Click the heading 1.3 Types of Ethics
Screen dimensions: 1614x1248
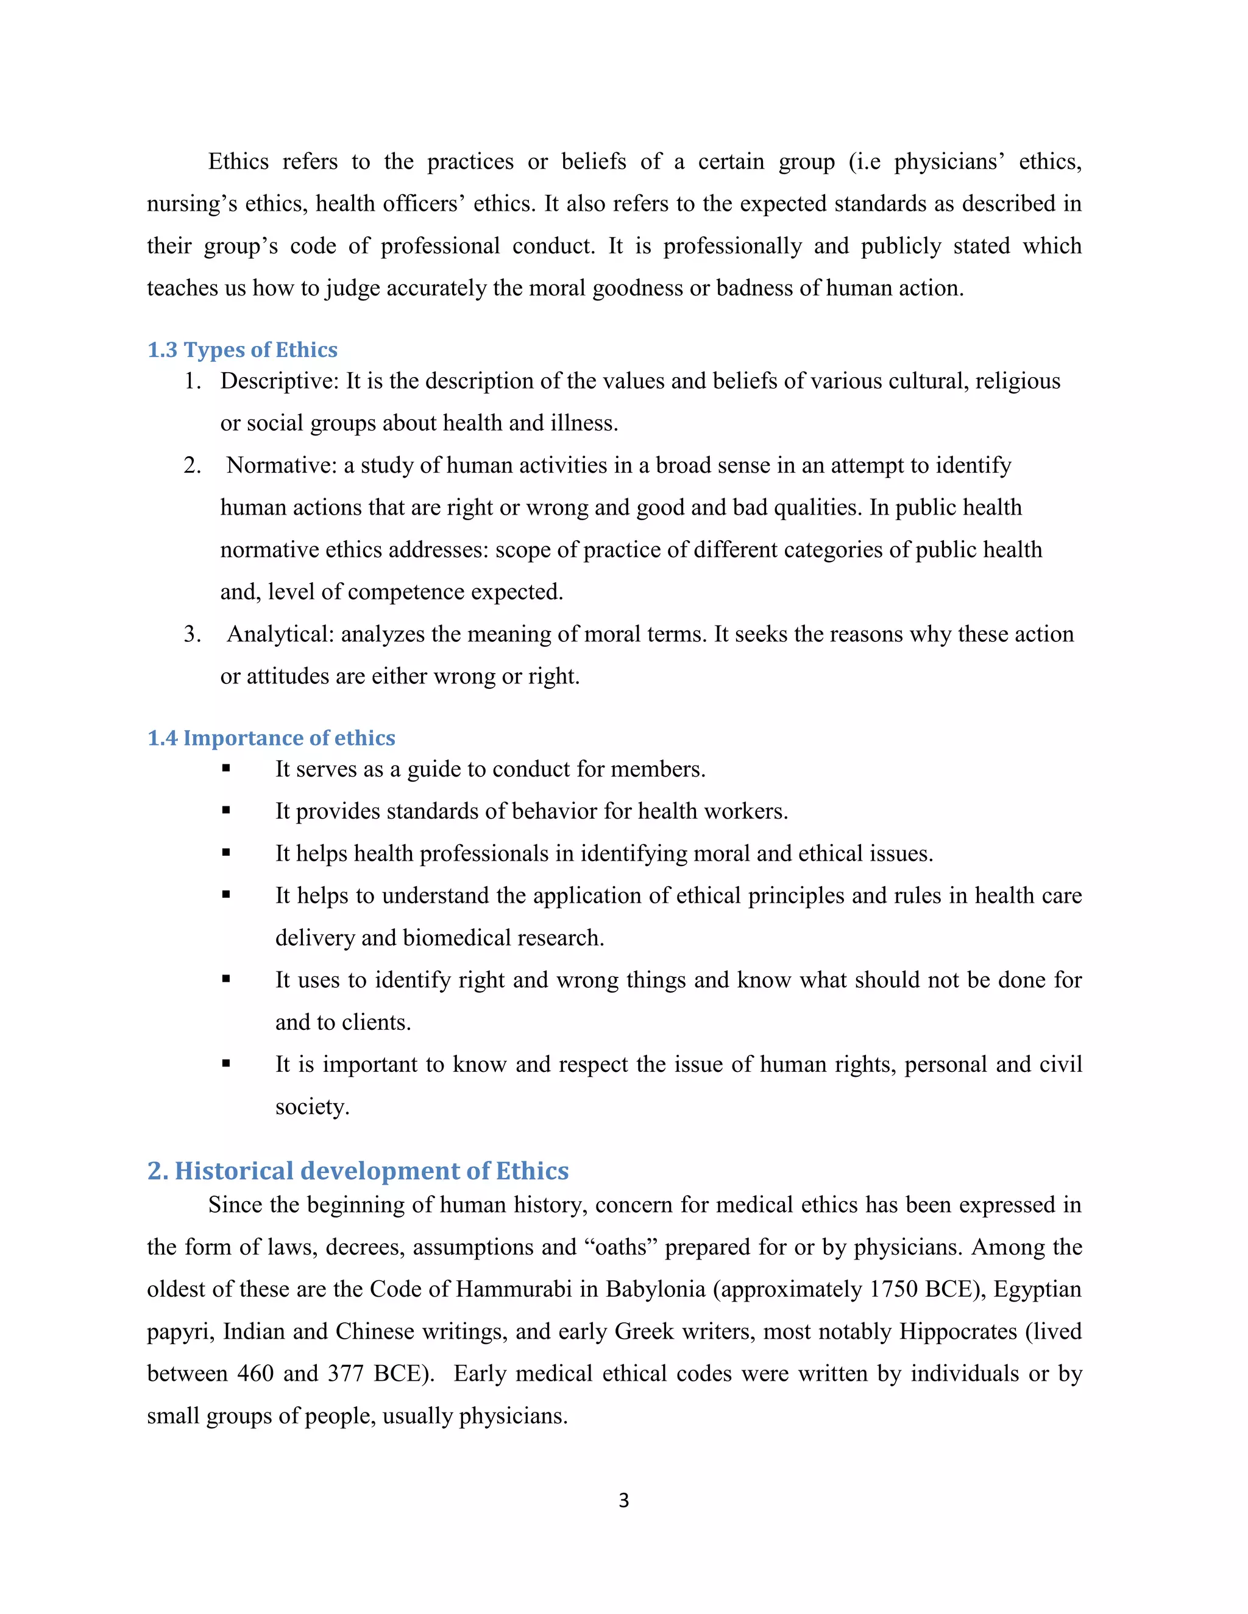pyautogui.click(x=242, y=350)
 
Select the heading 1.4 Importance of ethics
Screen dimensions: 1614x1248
pyautogui.click(x=271, y=738)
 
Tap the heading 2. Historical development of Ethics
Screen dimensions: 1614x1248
pyautogui.click(x=358, y=1171)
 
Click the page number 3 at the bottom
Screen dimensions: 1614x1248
pyautogui.click(x=623, y=1500)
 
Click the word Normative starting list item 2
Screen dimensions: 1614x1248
pyautogui.click(x=281, y=465)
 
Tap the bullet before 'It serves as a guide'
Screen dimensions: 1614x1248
pyautogui.click(x=226, y=769)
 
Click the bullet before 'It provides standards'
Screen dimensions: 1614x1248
pyautogui.click(x=226, y=811)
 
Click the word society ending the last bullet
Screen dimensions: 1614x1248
pyautogui.click(x=311, y=1107)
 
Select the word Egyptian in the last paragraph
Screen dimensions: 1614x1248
pyautogui.click(x=1037, y=1289)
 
